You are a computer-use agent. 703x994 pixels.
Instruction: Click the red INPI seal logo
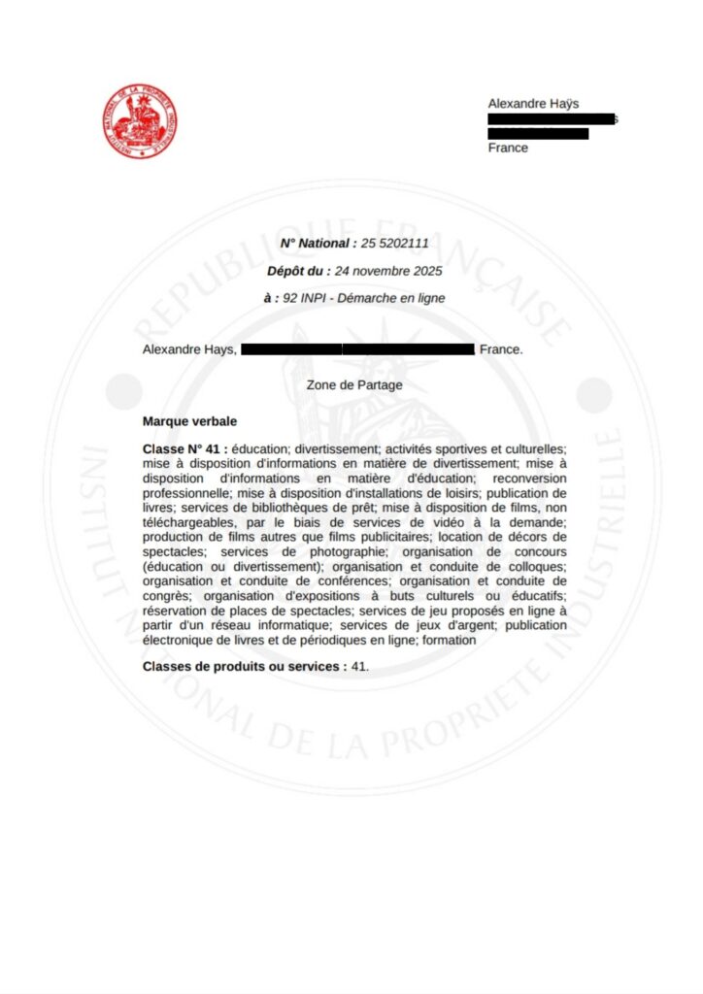click(x=141, y=122)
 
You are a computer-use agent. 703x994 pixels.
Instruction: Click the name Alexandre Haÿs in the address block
click(x=533, y=104)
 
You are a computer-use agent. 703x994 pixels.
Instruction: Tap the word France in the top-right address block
click(x=508, y=149)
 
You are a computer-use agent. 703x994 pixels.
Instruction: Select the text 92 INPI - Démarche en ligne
click(x=364, y=298)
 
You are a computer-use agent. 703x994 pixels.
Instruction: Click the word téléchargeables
click(x=188, y=521)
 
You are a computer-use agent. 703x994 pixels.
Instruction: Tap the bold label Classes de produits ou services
click(x=244, y=667)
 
